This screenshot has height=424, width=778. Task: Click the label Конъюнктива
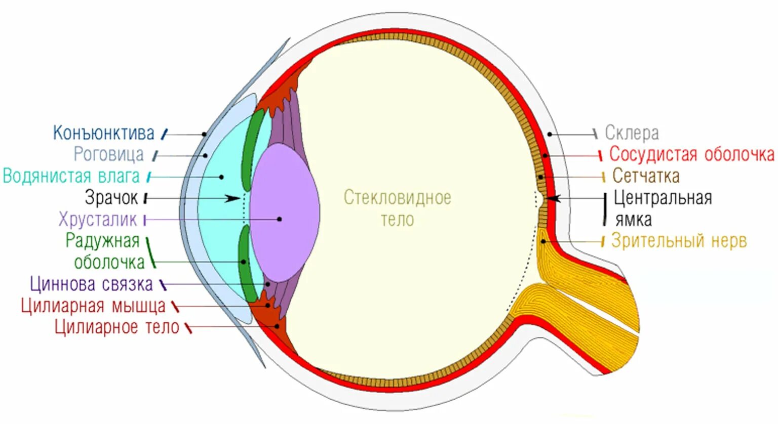coord(104,133)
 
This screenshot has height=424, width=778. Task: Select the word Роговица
coord(108,154)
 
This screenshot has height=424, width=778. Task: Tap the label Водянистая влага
coord(71,176)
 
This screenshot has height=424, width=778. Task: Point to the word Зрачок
coord(111,198)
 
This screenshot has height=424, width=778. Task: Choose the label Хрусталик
coord(97,220)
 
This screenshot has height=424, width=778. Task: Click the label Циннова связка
coord(91,284)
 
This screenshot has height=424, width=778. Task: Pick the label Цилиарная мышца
coord(93,306)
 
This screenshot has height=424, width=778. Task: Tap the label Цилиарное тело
coord(117,327)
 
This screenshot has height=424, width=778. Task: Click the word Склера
coord(632,133)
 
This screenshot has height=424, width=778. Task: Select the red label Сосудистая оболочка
coord(691,154)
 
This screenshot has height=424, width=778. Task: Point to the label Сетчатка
coord(646,176)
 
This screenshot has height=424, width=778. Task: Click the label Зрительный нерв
coord(679,241)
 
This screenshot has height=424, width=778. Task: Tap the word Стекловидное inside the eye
coord(397,197)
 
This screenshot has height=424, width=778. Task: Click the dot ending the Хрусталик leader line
coord(280,220)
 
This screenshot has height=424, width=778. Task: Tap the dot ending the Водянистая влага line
coord(221,177)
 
